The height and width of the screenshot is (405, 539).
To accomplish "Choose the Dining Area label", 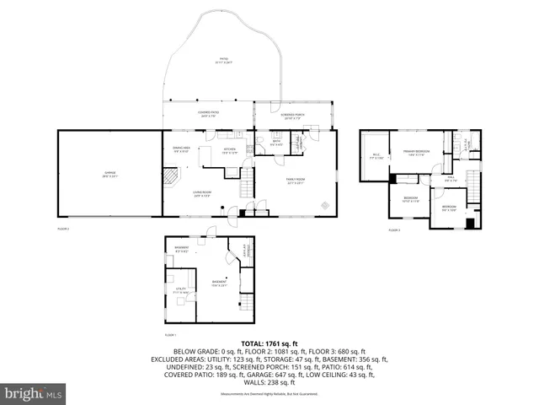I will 180,150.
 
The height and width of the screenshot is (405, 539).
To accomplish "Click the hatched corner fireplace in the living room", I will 172,177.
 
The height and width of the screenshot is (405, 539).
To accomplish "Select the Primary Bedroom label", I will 416,153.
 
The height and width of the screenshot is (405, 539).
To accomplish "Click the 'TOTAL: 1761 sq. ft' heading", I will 269,344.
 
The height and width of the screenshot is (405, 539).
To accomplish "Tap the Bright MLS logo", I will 34,392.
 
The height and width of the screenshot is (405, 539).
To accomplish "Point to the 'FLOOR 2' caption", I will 63,229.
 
